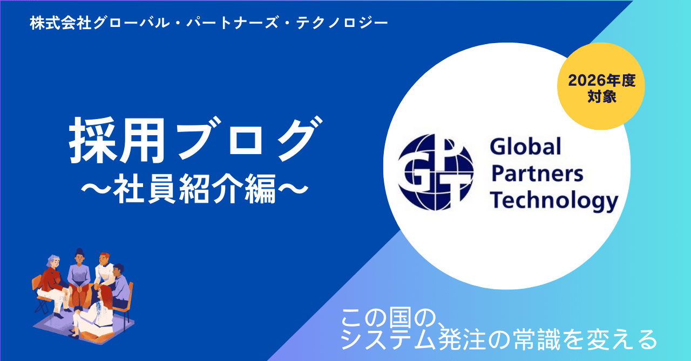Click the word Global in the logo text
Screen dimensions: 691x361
[525, 147]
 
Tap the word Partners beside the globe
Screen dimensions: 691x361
[537, 173]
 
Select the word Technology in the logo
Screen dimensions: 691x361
[554, 202]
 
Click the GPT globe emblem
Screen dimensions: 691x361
[436, 172]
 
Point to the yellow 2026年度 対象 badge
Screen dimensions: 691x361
[601, 86]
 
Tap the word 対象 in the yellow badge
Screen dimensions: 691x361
[601, 96]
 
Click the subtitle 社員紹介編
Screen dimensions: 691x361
[194, 189]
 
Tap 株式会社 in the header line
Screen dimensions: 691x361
[60, 23]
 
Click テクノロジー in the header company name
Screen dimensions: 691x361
[342, 23]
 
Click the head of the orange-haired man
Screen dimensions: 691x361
[104, 259]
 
